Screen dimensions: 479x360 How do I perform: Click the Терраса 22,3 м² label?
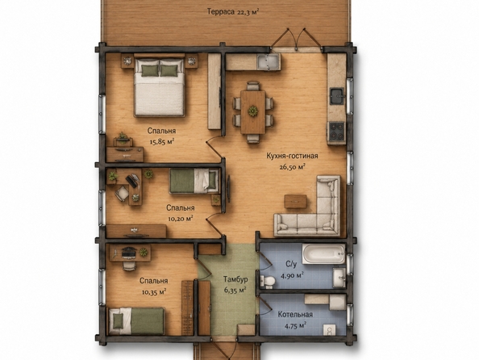233,12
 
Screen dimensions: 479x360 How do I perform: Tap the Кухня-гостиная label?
292,156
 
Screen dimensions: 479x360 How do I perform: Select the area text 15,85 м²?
162,141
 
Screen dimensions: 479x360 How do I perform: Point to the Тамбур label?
235,279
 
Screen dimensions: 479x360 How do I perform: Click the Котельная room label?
295,315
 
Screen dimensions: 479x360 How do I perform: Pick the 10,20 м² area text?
181,219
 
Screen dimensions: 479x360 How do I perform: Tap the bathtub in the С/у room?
323,254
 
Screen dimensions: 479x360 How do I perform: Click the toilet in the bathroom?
267,281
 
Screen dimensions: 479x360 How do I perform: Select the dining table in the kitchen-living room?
253,112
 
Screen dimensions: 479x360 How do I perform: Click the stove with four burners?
336,131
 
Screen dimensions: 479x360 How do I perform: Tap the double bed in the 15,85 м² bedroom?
160,86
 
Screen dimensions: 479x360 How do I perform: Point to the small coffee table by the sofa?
295,201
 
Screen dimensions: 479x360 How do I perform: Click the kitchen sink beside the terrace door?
268,61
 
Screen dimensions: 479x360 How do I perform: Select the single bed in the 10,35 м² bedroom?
136,320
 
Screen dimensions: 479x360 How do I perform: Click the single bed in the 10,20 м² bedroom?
194,181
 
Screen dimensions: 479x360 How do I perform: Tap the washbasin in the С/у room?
339,278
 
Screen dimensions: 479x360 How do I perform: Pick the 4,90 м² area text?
292,275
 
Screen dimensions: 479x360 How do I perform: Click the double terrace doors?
296,40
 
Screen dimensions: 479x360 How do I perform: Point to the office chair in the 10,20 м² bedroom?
122,193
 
